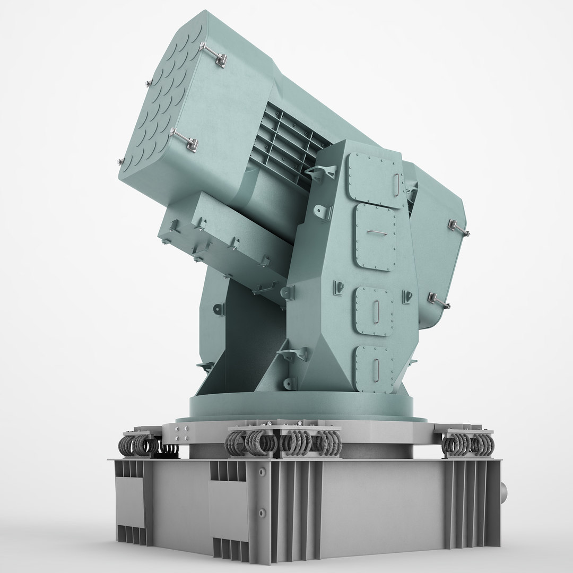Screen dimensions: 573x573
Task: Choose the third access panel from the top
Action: coord(375,310)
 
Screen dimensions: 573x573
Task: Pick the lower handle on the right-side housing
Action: coord(438,301)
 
